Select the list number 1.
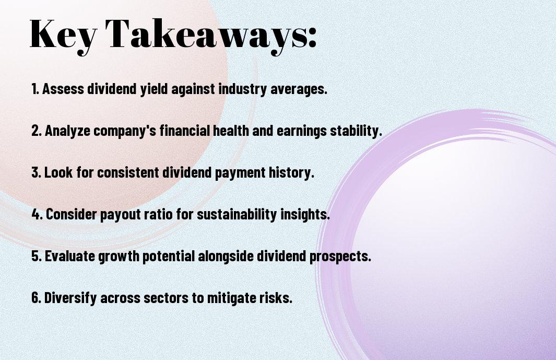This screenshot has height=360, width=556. pyautogui.click(x=35, y=89)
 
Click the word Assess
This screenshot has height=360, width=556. pyautogui.click(x=63, y=89)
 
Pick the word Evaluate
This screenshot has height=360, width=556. pyautogui.click(x=69, y=256)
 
